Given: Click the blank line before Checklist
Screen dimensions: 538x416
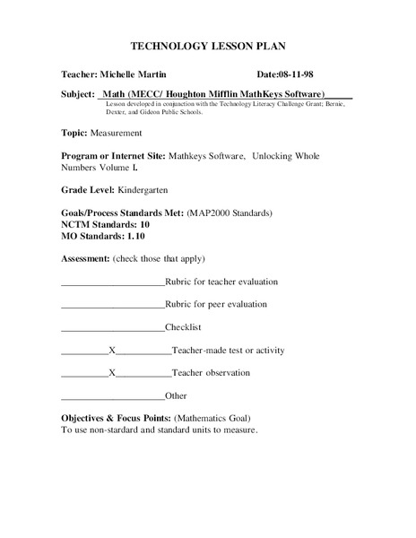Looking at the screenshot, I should click(113, 328).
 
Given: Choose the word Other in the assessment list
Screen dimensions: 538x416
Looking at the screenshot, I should click(178, 395).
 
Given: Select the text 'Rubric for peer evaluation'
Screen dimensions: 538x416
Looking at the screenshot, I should click(216, 305).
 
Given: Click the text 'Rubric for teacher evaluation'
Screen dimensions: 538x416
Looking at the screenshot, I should click(221, 282).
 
